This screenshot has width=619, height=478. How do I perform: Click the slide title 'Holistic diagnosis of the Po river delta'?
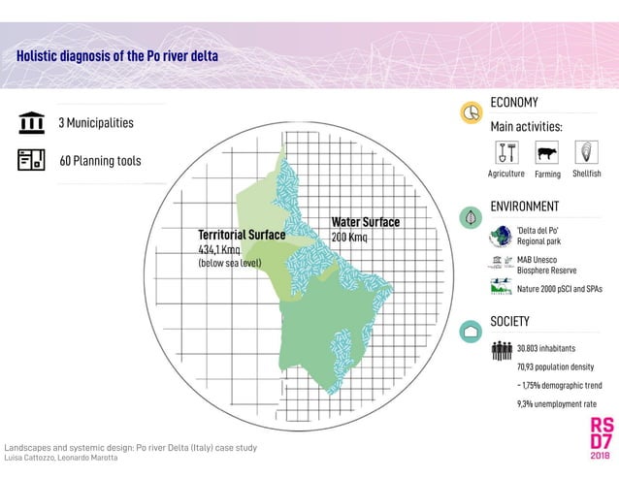click(117, 56)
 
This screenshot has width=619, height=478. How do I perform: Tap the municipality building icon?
click(31, 124)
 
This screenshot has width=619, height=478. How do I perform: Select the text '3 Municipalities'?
click(96, 123)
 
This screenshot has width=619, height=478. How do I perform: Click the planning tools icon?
click(31, 160)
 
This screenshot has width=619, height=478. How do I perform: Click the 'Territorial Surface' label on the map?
click(242, 235)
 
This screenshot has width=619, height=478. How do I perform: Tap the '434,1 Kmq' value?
click(219, 249)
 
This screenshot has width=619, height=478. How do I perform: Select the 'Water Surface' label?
click(365, 222)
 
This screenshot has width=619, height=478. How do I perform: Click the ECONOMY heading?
click(514, 103)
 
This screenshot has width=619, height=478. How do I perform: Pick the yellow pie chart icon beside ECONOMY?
click(472, 113)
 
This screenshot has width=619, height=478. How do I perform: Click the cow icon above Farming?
click(547, 153)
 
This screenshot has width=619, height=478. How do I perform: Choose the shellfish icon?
click(587, 153)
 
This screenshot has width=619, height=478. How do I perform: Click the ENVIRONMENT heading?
click(524, 207)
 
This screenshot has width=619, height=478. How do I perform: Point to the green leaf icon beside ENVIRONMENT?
click(472, 217)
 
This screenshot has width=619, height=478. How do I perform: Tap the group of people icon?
click(502, 350)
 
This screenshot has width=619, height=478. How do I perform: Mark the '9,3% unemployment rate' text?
click(556, 403)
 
